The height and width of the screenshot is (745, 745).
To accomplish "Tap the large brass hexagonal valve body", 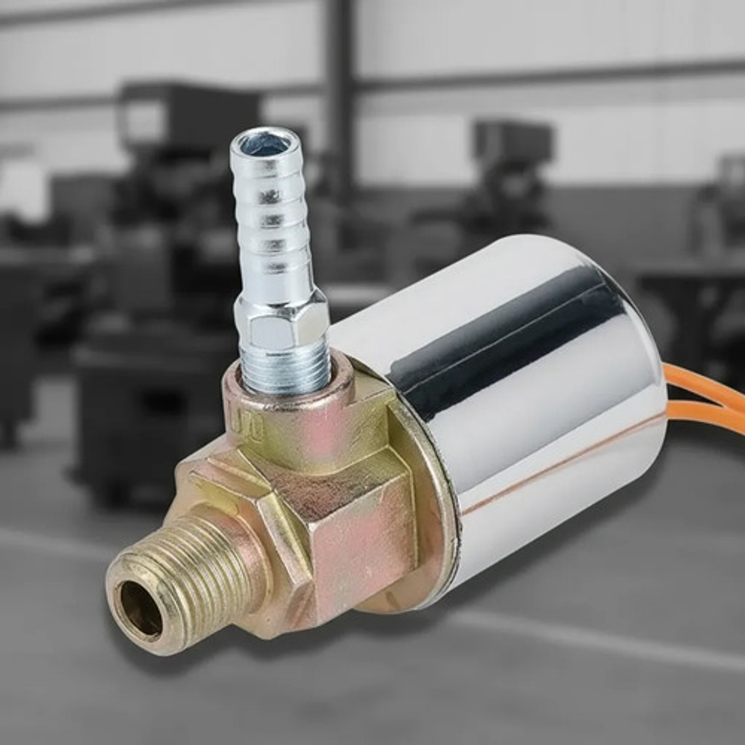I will tap(353, 523).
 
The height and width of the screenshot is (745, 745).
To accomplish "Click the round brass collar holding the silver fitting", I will tap(288, 418).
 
